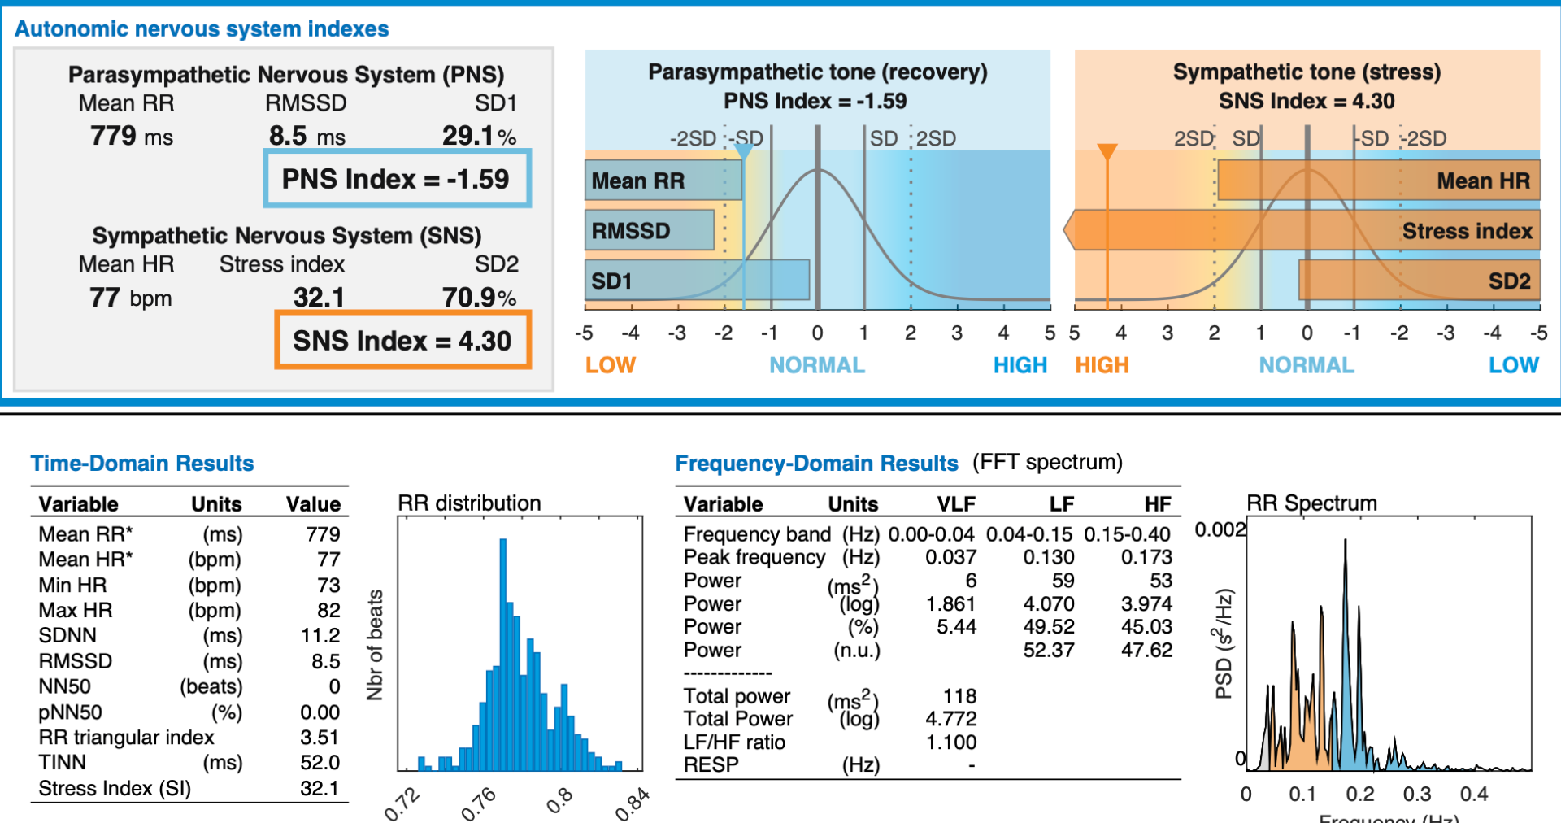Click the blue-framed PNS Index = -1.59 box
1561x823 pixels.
(397, 178)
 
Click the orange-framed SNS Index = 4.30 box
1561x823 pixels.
(402, 340)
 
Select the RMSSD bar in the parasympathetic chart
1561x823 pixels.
(649, 230)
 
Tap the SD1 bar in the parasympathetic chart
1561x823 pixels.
(697, 281)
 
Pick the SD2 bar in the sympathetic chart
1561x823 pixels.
(1419, 281)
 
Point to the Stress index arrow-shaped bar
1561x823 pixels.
(1301, 230)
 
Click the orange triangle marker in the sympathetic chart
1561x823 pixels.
(1107, 151)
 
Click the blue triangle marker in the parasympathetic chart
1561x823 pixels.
(743, 151)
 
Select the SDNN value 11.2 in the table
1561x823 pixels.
(320, 635)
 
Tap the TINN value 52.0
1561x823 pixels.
(320, 763)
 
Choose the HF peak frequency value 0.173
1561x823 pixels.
(1146, 557)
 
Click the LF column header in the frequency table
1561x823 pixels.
(1061, 504)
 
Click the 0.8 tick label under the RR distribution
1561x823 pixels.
(559, 800)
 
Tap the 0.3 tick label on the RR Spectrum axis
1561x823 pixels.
(1417, 794)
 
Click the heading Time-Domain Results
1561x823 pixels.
(142, 464)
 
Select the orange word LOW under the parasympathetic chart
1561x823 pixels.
(611, 365)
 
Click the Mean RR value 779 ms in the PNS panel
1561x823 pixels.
(131, 136)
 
